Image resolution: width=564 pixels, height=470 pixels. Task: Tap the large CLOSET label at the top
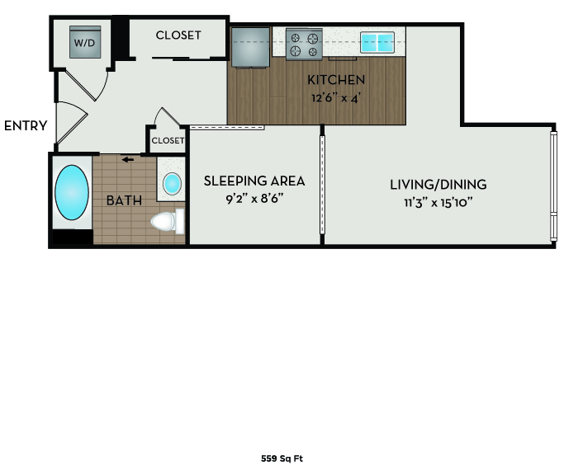(x=178, y=35)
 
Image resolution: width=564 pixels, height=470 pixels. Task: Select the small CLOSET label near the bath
(x=168, y=140)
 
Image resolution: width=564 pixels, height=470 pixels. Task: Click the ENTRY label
(x=26, y=126)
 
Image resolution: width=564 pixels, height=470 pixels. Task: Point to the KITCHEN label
(x=335, y=80)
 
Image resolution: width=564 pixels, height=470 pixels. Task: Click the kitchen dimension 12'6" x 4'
(x=335, y=96)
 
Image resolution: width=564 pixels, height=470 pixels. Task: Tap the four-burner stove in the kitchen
(x=303, y=44)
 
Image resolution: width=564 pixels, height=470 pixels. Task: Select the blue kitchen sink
(x=377, y=42)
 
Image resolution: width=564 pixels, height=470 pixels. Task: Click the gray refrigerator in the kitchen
(x=250, y=47)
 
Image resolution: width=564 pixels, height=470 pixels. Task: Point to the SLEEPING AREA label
(x=254, y=181)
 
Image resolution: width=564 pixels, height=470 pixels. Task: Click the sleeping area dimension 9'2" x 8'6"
(x=254, y=198)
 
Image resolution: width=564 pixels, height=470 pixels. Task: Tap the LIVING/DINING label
(x=438, y=184)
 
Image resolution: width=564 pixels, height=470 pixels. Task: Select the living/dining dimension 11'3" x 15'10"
(x=438, y=201)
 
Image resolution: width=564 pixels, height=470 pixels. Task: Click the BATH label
(x=123, y=200)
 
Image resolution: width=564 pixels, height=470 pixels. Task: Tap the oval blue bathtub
(x=72, y=193)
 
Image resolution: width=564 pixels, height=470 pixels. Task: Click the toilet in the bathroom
(x=168, y=221)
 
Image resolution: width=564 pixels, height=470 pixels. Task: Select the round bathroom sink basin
(x=172, y=183)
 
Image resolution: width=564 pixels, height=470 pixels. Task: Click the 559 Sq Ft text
(x=282, y=458)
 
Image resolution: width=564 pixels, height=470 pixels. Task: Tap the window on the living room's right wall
(x=552, y=185)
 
